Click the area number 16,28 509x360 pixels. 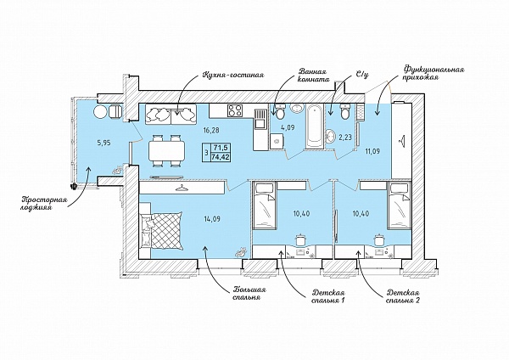211,130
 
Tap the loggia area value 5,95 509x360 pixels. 104,142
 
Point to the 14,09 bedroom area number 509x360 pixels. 212,219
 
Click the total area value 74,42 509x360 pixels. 221,156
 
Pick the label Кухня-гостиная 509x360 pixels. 233,75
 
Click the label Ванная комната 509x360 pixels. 314,75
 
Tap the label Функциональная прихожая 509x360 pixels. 433,73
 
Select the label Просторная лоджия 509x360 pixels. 44,204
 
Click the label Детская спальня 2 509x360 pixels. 403,296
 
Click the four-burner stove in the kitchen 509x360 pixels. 235,110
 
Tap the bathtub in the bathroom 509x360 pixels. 314,126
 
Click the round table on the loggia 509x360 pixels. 100,112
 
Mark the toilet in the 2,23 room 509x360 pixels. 344,112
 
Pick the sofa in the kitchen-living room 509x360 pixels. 171,114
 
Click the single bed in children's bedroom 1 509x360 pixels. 265,206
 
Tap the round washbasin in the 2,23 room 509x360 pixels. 331,136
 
